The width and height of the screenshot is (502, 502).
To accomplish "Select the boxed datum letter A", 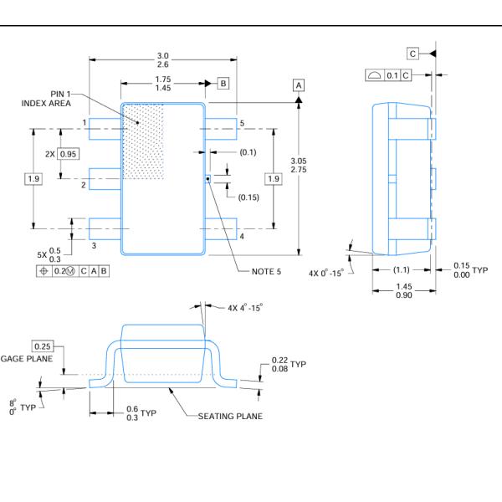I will [299, 85].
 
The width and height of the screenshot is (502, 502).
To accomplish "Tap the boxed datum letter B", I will [223, 83].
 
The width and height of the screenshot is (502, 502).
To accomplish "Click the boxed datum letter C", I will [412, 54].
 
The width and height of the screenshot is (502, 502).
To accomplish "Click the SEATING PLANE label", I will [229, 416].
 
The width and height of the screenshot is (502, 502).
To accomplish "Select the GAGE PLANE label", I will [26, 357].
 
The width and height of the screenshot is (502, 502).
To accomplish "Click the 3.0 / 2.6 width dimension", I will [162, 61].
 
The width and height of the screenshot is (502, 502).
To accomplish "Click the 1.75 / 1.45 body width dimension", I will [164, 83].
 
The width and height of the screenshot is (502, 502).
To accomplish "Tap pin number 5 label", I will [242, 124].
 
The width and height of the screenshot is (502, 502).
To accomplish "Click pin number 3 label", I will [94, 244].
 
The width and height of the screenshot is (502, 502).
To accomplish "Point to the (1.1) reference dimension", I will [402, 269].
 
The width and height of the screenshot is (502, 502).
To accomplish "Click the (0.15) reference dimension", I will [248, 197].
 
